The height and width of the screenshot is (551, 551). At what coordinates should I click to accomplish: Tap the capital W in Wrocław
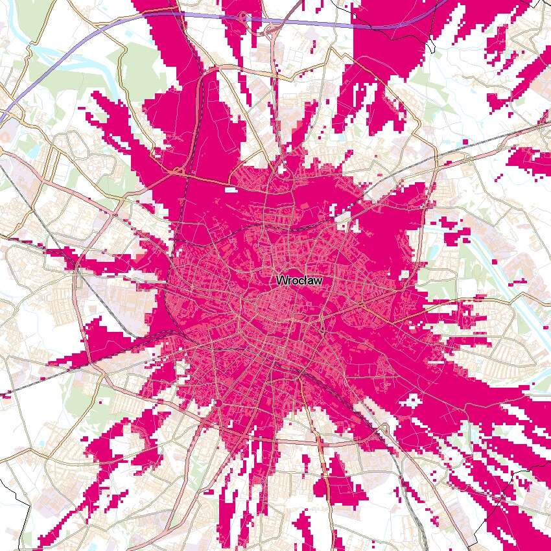[281, 281]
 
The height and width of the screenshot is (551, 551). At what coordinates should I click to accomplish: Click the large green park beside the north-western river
[139, 65]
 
